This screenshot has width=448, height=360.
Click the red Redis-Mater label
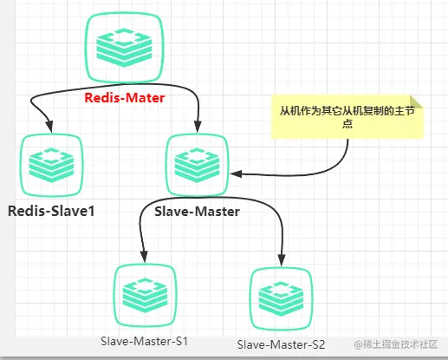tap(125, 98)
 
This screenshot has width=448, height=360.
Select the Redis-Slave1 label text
tap(51, 211)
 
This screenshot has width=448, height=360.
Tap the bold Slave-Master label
tap(197, 212)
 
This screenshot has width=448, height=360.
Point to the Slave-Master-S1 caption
tap(144, 341)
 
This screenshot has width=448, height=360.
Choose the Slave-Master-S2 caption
tap(281, 344)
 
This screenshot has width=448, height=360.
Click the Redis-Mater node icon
tap(124, 47)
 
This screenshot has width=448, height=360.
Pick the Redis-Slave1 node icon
tap(52, 165)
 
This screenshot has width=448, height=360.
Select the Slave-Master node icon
tap(197, 165)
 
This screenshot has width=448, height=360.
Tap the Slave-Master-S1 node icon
tap(145, 295)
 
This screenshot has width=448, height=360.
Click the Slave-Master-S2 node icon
tap(281, 298)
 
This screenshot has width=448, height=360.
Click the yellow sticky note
tap(347, 117)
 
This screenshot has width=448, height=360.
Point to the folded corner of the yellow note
tap(416, 101)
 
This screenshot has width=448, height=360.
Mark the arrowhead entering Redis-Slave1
tap(49, 126)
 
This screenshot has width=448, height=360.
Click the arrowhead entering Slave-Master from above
tap(198, 126)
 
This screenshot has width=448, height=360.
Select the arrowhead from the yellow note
tap(236, 173)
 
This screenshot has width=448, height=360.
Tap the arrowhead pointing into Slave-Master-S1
tap(144, 257)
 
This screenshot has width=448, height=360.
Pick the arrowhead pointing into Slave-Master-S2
tap(282, 259)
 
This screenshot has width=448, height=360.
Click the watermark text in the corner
tap(396, 344)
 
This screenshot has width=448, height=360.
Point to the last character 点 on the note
tap(347, 124)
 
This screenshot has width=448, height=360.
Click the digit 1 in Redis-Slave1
tap(91, 211)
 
